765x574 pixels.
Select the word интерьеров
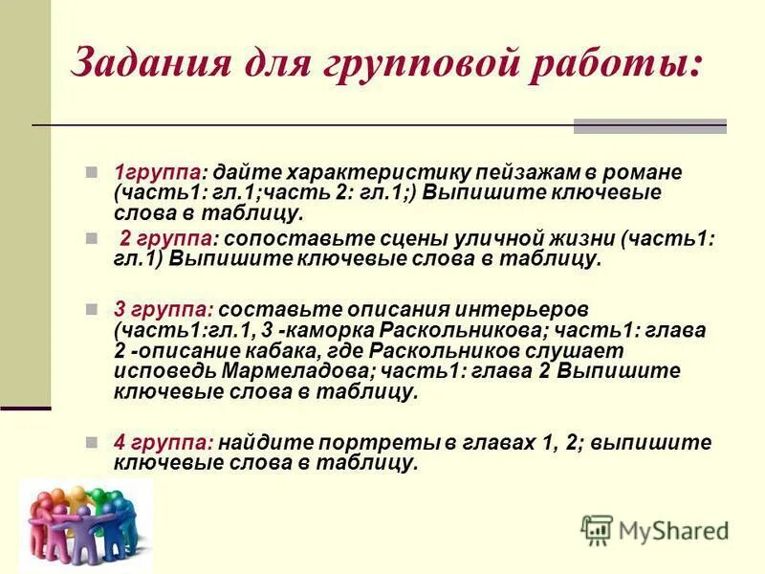[x=531, y=310]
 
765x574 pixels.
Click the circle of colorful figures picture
[x=85, y=524]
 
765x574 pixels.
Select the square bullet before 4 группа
[x=91, y=443]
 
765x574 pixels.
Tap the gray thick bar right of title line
[x=649, y=125]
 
